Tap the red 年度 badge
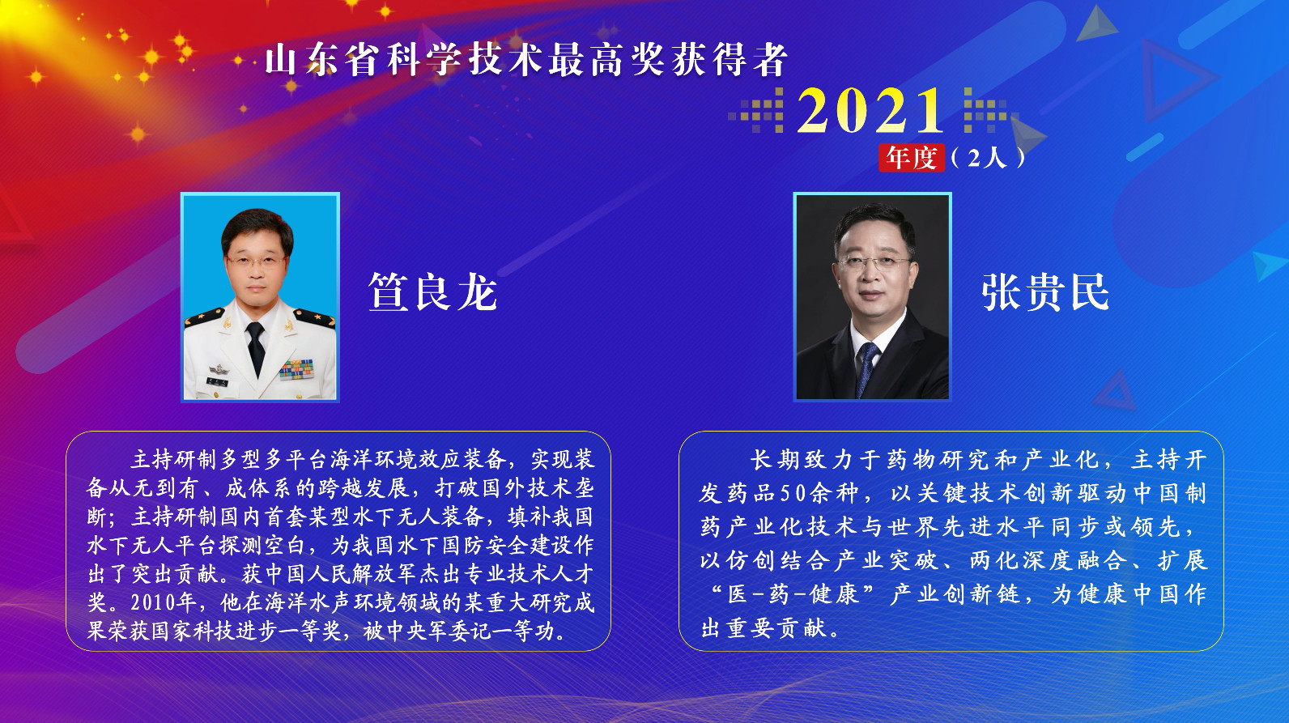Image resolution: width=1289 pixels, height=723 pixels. click(x=912, y=157)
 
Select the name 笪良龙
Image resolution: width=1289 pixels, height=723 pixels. click(x=432, y=291)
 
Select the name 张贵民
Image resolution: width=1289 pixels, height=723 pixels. click(x=1045, y=291)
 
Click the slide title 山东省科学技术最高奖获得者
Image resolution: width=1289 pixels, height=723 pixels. click(x=526, y=61)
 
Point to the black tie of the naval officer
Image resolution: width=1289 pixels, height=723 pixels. click(x=255, y=345)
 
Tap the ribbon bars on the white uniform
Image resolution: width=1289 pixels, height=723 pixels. click(x=297, y=369)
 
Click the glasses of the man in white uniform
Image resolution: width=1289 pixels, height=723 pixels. click(x=254, y=262)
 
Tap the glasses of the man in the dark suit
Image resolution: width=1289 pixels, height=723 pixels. click(x=874, y=263)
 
